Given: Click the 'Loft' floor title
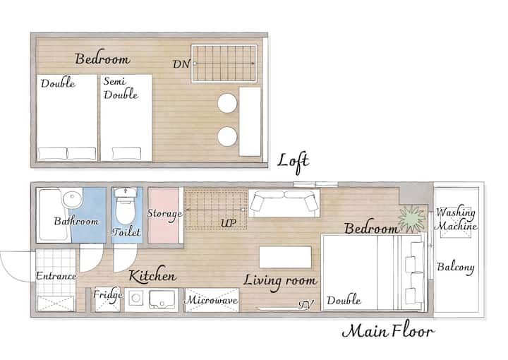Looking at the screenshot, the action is (x=294, y=162).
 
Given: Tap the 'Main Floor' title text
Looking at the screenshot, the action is (x=388, y=330).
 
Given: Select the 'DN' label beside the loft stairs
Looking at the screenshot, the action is (x=181, y=64).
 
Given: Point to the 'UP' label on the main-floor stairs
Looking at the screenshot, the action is (x=229, y=223).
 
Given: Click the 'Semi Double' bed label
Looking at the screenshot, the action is (x=121, y=88).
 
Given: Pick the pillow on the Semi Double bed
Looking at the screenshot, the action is (x=127, y=153).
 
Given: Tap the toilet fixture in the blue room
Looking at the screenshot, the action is (x=126, y=205).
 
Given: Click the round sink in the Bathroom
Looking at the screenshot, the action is (x=73, y=199).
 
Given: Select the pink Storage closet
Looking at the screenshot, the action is (x=164, y=215).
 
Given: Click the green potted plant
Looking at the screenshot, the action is (x=411, y=219).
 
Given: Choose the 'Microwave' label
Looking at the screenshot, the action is (x=211, y=300).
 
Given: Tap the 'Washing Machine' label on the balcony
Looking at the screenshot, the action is (x=456, y=219).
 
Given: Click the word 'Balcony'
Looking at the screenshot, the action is (x=456, y=268).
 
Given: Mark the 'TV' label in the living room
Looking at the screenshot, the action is (x=306, y=305).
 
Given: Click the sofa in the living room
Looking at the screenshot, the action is (x=284, y=203).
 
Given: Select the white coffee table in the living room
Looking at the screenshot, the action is (x=286, y=257).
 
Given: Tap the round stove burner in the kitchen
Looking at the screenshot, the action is (x=136, y=298).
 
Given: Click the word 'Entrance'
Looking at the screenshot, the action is (x=56, y=276).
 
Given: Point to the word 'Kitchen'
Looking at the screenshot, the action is (x=152, y=275).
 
